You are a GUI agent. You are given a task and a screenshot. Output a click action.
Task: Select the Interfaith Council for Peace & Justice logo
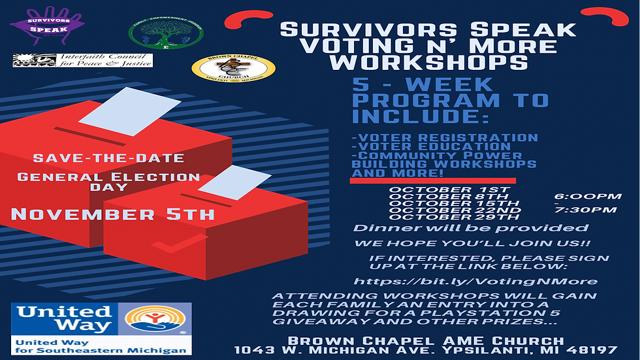click(x=83, y=61)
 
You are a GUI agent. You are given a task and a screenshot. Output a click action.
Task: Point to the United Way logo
click(x=101, y=329)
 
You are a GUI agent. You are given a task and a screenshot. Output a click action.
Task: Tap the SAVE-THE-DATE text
click(x=108, y=158)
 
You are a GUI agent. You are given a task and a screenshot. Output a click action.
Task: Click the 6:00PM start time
click(x=587, y=196)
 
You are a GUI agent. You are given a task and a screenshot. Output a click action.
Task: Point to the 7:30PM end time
click(x=587, y=210)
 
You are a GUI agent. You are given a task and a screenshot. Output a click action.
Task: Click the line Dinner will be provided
click(x=471, y=229)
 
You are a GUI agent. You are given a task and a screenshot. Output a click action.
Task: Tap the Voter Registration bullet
click(x=444, y=138)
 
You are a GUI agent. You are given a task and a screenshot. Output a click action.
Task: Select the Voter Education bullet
click(x=431, y=146)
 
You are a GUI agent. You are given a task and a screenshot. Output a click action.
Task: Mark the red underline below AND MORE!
click(x=433, y=180)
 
